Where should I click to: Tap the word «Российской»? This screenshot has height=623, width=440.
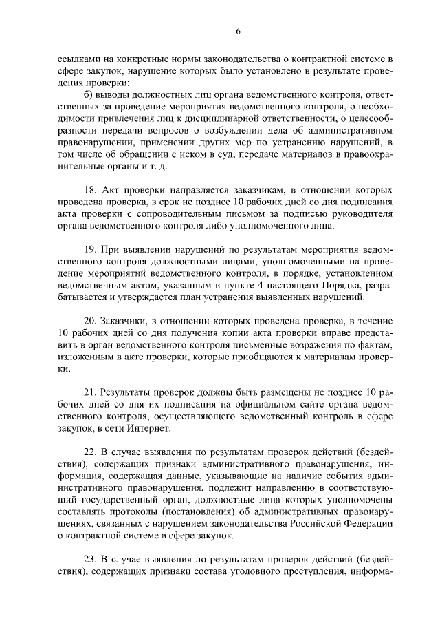pyautogui.click(x=309, y=523)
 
